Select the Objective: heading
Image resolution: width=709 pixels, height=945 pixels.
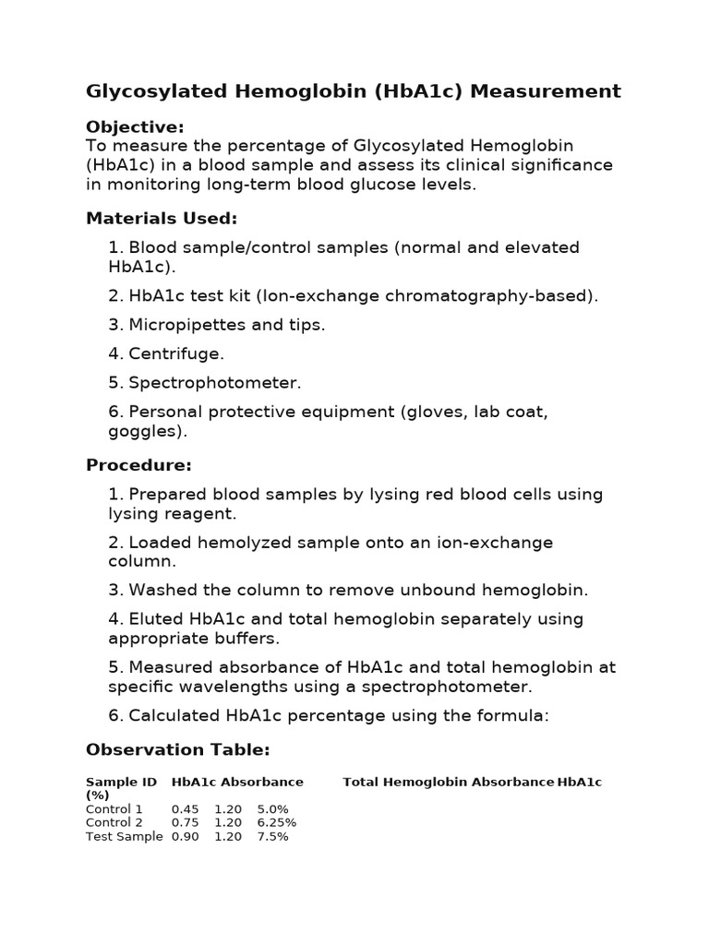[135, 126]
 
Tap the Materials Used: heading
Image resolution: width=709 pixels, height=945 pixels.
[162, 219]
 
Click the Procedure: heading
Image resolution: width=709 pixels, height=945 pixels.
[138, 465]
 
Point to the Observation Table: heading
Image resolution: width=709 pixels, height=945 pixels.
[177, 749]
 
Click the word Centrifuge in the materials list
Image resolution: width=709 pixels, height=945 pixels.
[176, 353]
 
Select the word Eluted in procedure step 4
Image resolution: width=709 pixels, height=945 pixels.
[155, 619]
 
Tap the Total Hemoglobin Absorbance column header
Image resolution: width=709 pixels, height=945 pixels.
[449, 782]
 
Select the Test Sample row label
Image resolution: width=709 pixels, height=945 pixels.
[124, 836]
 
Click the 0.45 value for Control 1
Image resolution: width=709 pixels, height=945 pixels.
[185, 809]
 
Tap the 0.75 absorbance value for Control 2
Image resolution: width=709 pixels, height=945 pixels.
[185, 822]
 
